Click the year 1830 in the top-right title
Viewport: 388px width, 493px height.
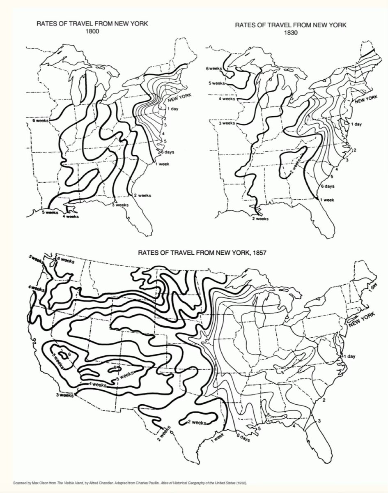click(x=290, y=33)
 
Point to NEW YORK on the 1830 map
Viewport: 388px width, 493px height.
click(x=366, y=99)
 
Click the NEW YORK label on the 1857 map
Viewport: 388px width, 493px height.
click(x=362, y=320)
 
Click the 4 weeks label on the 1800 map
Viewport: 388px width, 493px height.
click(x=70, y=216)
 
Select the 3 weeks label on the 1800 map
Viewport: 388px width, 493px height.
click(x=121, y=205)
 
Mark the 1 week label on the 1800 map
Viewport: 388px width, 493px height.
click(x=163, y=164)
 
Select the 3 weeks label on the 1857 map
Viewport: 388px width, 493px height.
click(x=65, y=395)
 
